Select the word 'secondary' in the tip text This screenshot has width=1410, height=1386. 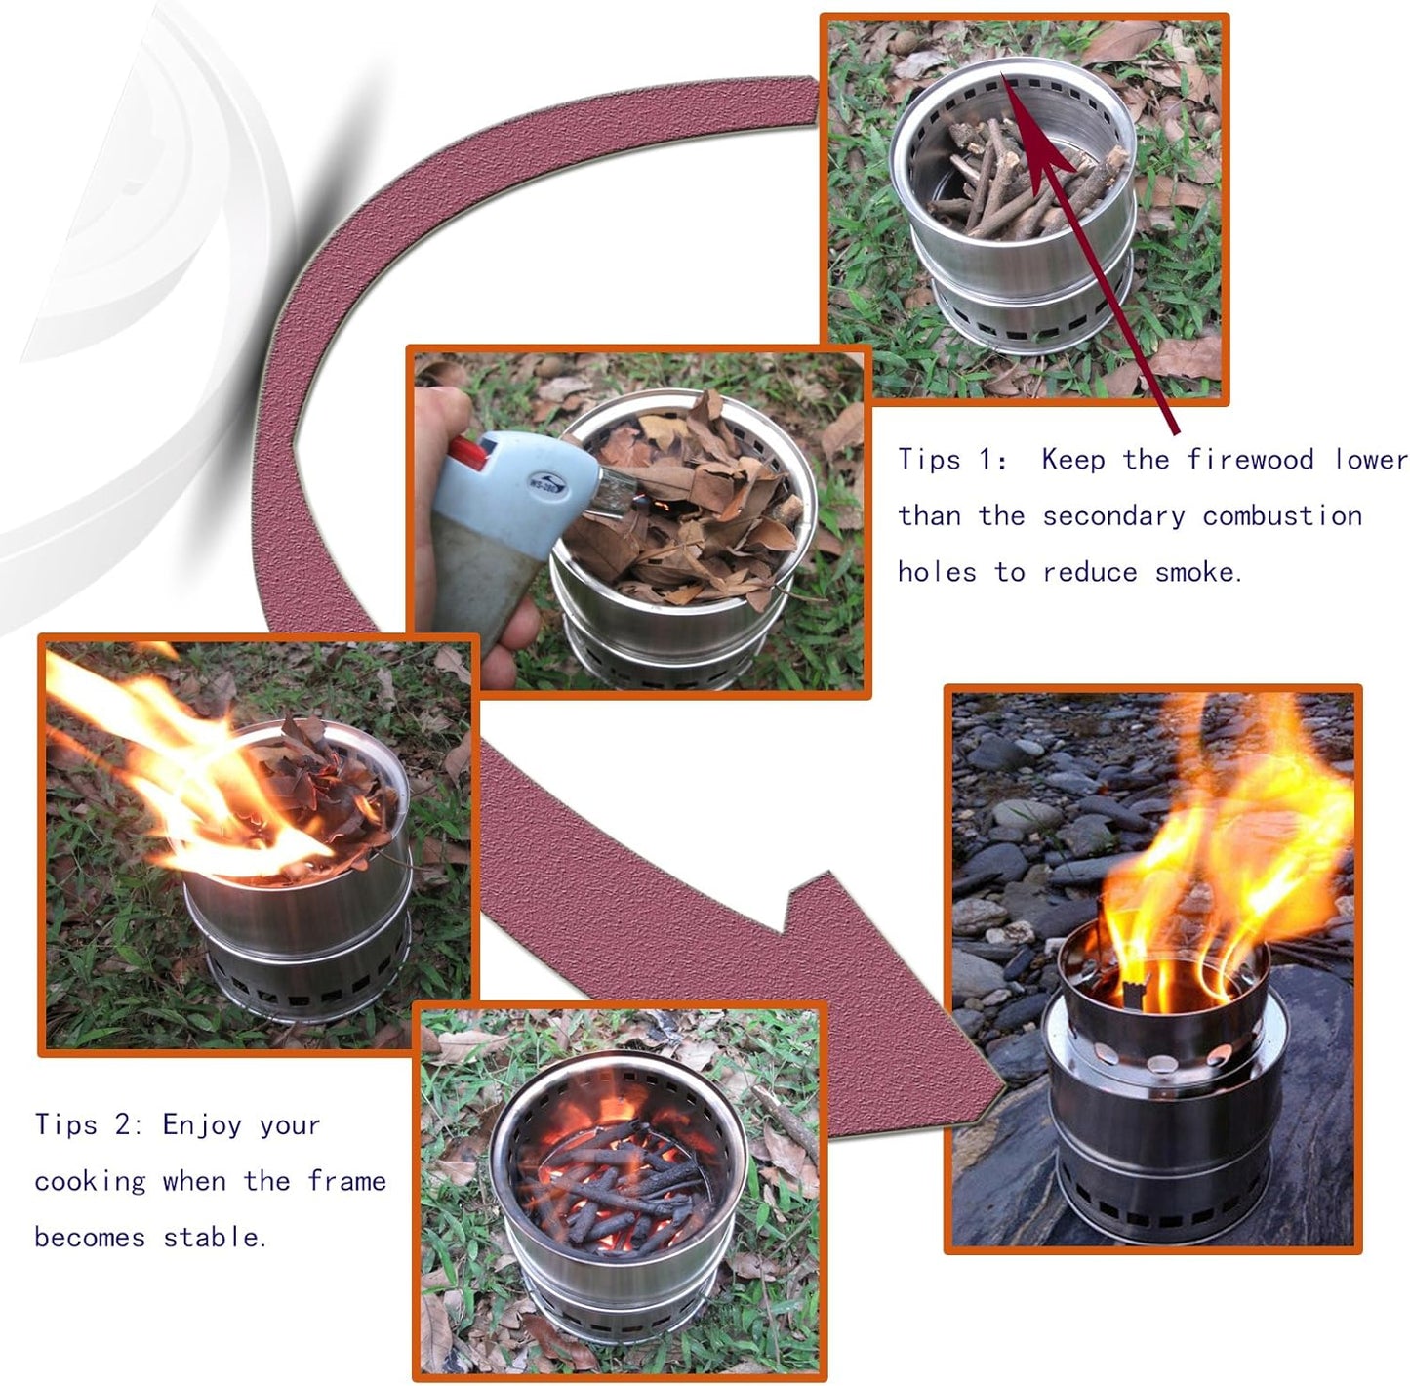1113,516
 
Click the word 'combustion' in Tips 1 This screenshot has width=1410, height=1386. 1281,516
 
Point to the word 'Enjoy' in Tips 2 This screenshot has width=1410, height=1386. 201,1125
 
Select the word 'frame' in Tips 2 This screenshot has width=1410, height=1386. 346,1181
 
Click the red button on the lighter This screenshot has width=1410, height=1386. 466,453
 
